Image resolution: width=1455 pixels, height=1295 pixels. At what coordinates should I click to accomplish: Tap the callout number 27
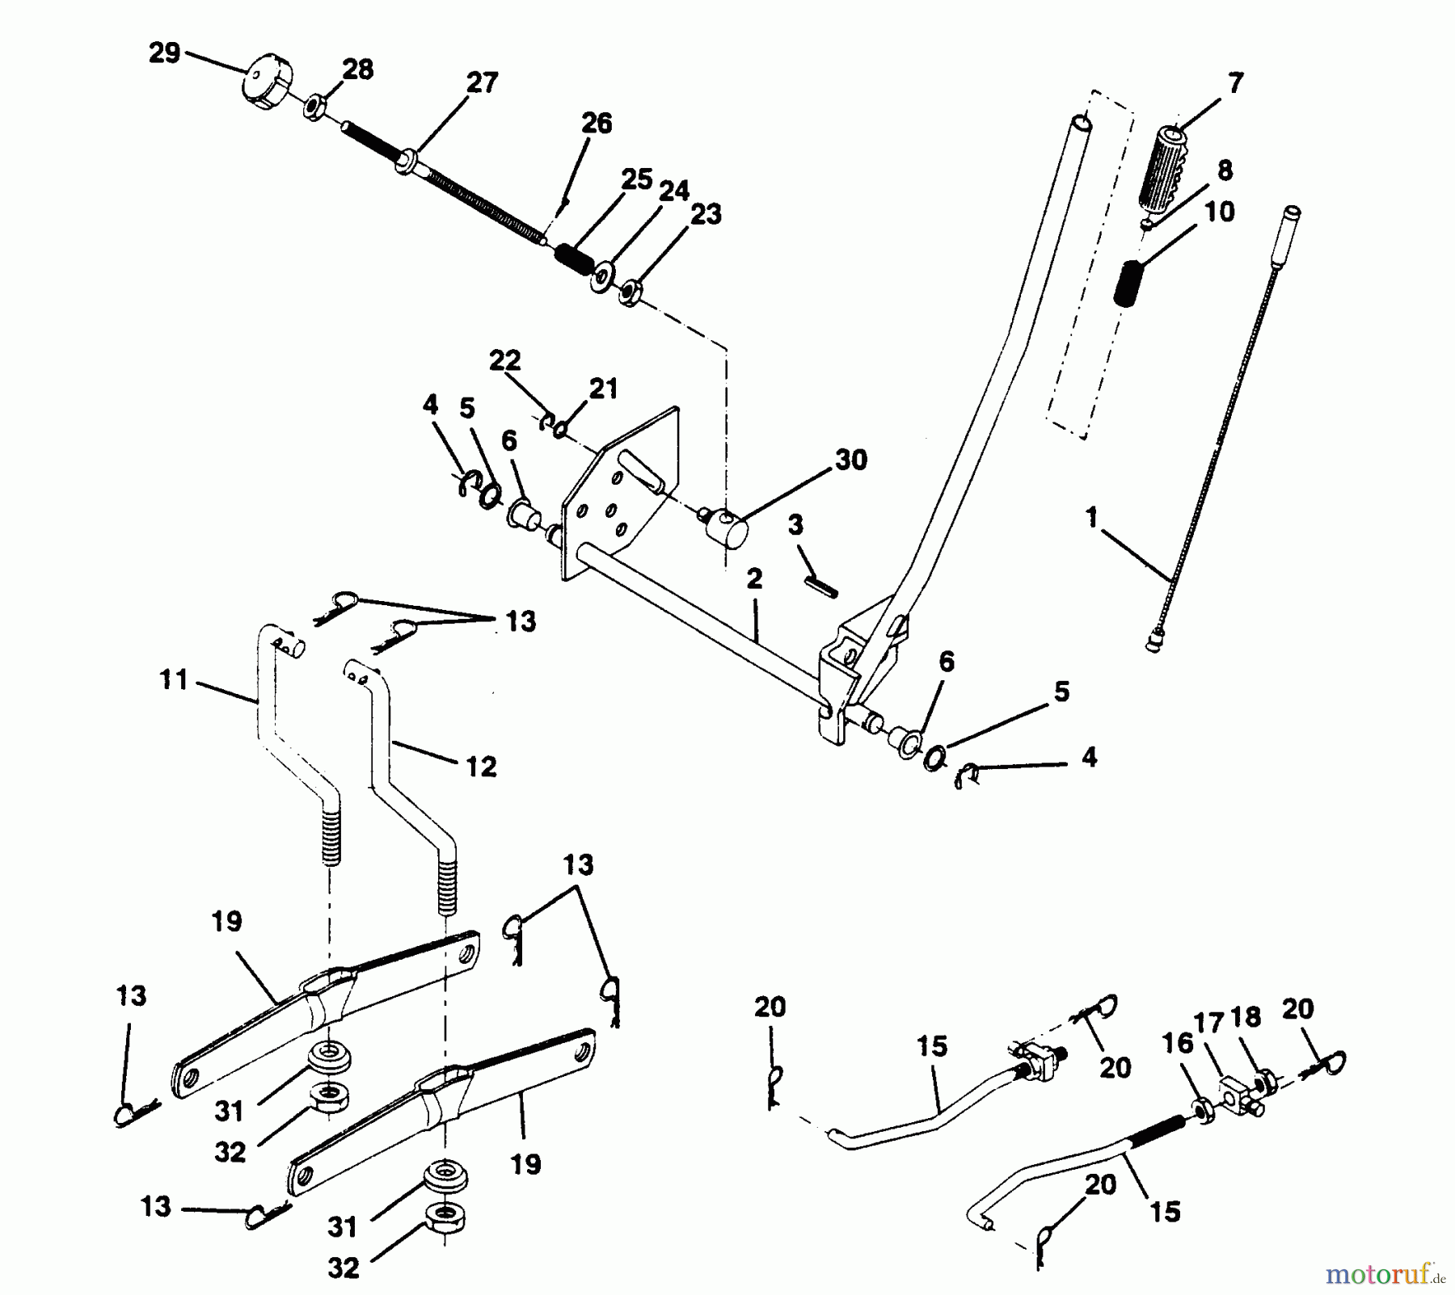[482, 83]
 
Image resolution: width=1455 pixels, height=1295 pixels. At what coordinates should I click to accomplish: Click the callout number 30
[850, 460]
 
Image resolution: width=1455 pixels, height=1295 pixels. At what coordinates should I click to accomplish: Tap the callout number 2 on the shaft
[754, 578]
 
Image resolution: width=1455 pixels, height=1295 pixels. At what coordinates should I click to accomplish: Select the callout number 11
[174, 679]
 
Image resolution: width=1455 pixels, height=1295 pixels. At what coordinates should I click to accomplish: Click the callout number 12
[481, 766]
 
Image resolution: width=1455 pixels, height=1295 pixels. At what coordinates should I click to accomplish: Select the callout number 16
[1177, 1043]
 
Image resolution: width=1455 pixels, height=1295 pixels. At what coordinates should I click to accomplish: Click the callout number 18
[1246, 1017]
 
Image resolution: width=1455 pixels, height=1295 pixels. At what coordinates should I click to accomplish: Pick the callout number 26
[597, 124]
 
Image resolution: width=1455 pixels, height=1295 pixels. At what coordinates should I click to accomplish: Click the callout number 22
[505, 359]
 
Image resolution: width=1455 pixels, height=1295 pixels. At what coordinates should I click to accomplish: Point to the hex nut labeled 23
[630, 292]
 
